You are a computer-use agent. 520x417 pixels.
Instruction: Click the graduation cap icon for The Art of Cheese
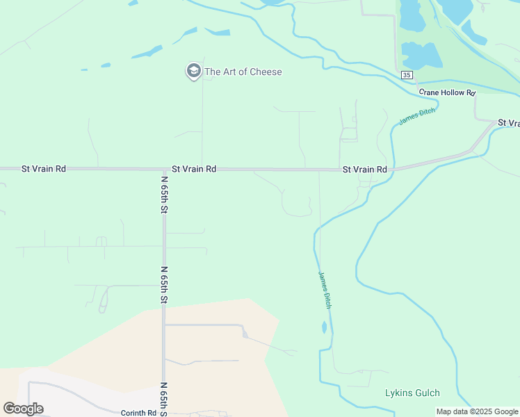pos(193,71)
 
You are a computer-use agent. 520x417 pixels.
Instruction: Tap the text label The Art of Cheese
pos(243,72)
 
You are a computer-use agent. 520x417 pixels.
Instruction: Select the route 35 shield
pos(407,74)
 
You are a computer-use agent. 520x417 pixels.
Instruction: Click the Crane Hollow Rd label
pos(446,92)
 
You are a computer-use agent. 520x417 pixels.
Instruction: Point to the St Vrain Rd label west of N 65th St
pos(43,168)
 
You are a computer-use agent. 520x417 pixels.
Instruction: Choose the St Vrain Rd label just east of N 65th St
pos(194,169)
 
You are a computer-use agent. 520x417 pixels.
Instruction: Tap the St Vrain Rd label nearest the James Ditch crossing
pos(364,170)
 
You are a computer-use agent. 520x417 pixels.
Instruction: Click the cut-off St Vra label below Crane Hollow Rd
pos(509,123)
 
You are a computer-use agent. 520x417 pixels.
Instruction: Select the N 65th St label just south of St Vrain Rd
pos(165,195)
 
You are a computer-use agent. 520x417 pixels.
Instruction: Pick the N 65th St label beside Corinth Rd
pos(165,398)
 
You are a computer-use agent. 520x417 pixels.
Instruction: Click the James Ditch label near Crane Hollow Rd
pos(417,116)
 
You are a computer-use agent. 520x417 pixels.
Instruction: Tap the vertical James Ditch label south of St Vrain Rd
pos(324,290)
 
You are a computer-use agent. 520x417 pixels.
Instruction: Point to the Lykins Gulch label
pos(412,393)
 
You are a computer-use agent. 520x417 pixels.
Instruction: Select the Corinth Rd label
pos(138,413)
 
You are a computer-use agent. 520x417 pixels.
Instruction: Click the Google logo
pos(23,409)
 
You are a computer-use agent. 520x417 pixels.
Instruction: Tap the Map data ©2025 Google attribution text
pos(477,411)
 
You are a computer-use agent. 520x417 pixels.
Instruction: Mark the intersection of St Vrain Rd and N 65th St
pos(164,169)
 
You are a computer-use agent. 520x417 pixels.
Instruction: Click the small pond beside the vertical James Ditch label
pos(324,327)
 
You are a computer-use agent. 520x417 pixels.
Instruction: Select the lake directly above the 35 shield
pos(417,55)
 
